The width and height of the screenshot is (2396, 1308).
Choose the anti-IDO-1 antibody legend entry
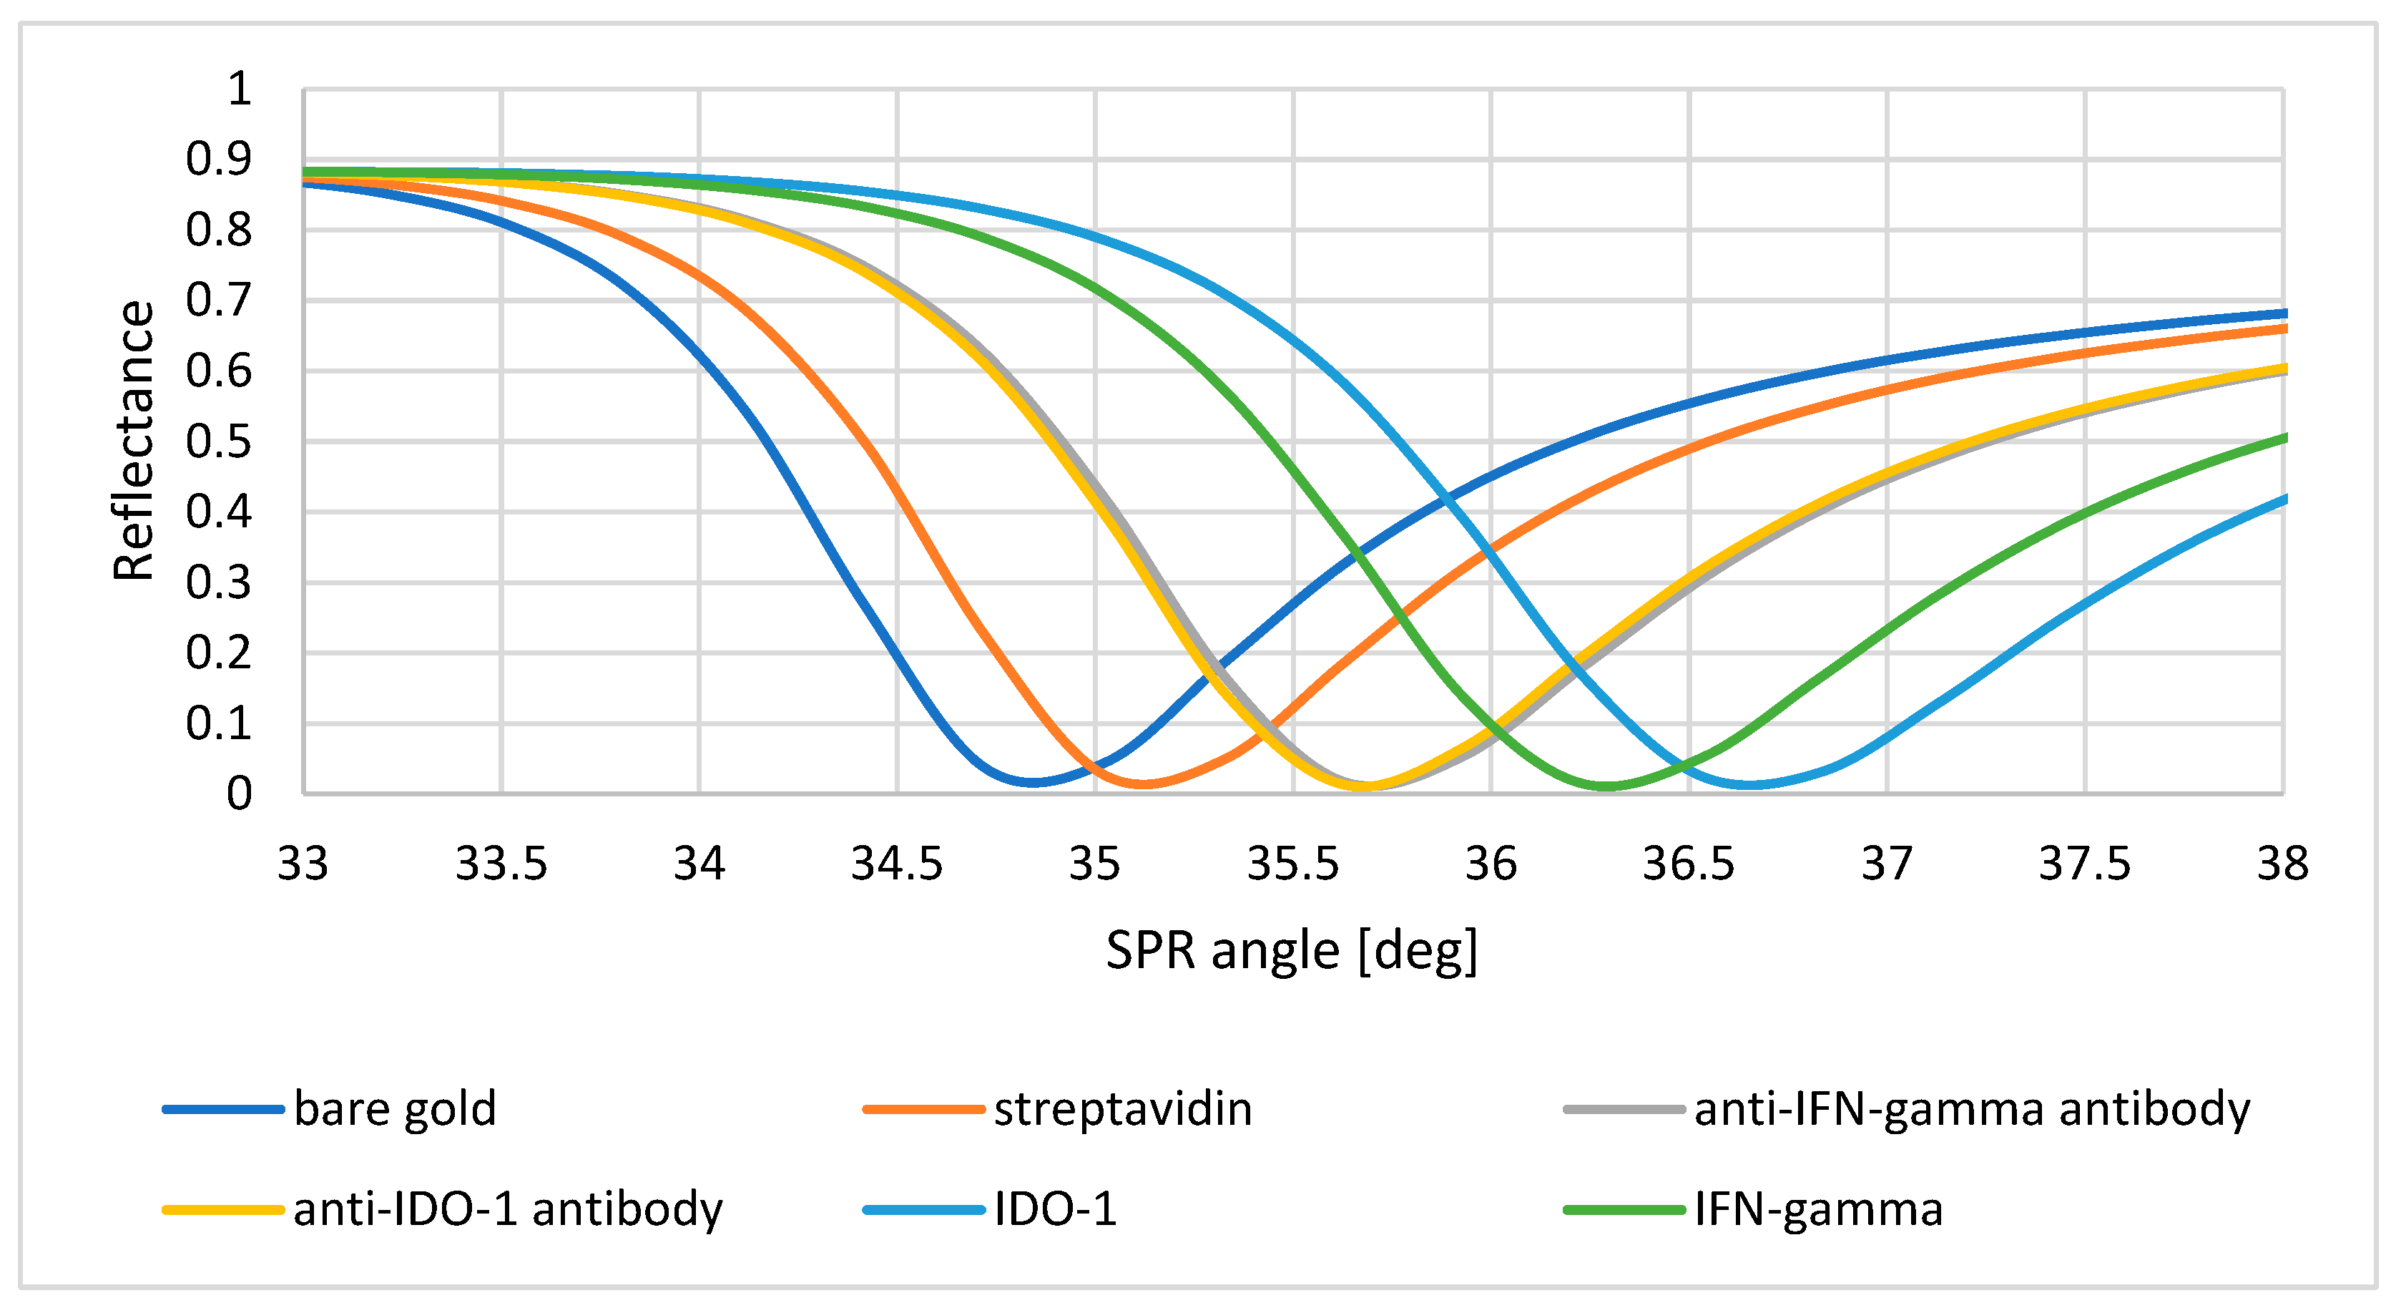click(507, 1209)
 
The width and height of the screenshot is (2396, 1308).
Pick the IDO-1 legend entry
click(1055, 1209)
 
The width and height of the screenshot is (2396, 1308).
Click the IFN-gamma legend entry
click(1818, 1209)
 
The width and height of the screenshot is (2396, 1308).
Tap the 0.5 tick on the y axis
click(219, 442)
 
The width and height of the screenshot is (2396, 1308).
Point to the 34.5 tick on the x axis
click(897, 864)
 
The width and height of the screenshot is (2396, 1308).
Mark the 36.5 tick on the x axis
click(1688, 864)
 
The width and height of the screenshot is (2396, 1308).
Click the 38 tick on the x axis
click(2282, 864)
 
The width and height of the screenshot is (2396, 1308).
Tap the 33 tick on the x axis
click(303, 864)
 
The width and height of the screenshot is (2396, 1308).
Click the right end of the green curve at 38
click(2282, 437)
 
